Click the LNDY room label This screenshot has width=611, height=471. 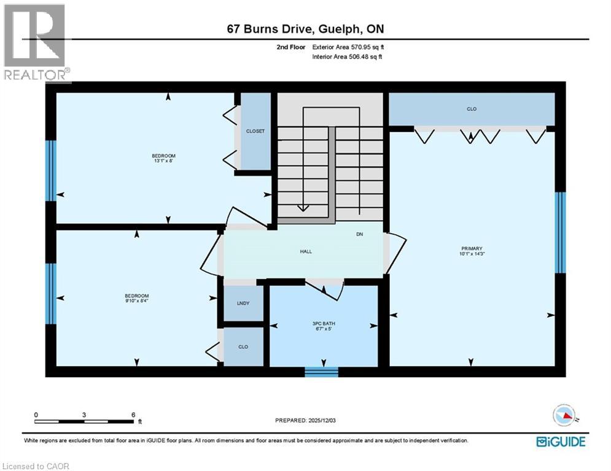coord(243,304)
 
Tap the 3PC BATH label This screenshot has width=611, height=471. coord(324,323)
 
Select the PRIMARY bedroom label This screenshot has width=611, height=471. coord(471,248)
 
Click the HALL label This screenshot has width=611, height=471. coord(306,251)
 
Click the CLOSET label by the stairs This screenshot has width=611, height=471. coord(255,131)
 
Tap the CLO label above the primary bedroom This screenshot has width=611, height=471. coord(472,109)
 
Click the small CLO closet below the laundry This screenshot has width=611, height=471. coord(243,347)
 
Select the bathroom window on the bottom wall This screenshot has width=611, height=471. coord(321,371)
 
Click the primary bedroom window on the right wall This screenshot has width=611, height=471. coord(559,232)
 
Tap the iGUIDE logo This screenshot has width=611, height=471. coord(561,442)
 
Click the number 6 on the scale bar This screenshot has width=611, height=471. coord(133,415)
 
